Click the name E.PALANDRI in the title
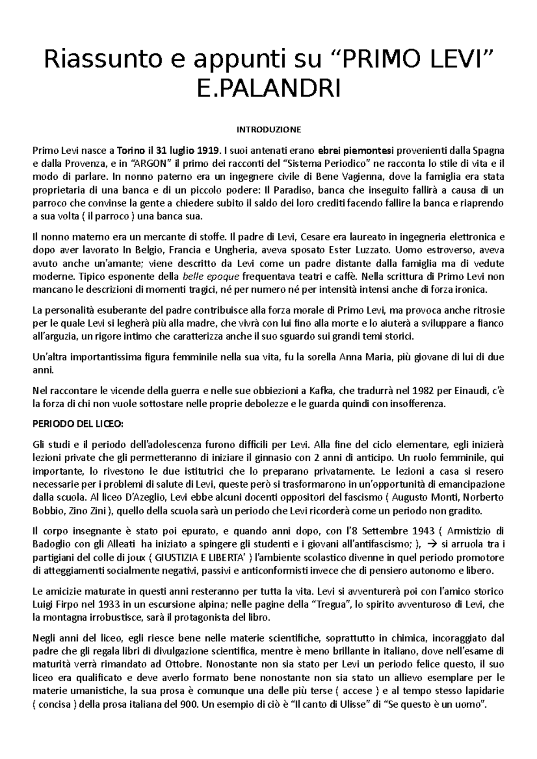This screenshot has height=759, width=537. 268,89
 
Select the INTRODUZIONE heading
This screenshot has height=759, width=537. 268,130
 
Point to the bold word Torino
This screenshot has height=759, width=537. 131,150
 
